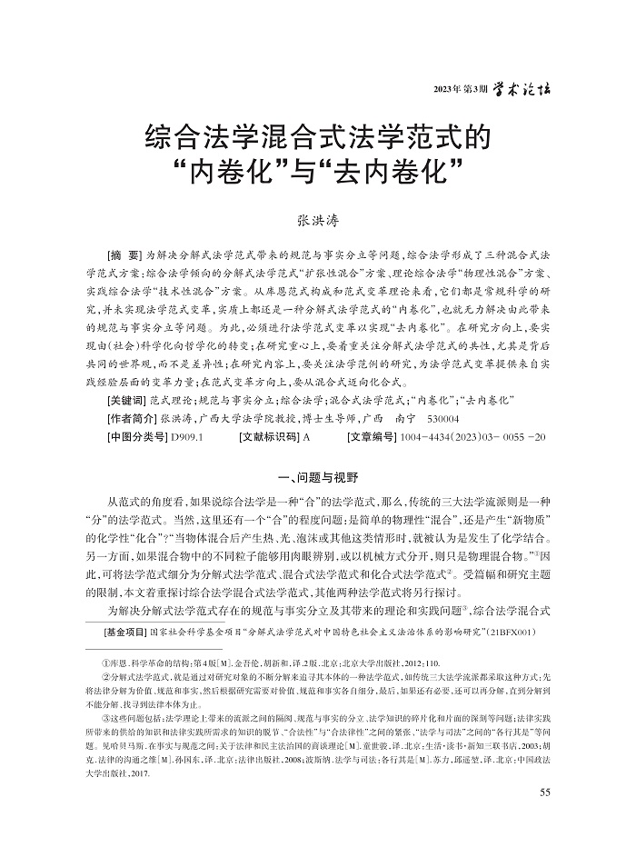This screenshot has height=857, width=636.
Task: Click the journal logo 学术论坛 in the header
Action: click(x=521, y=87)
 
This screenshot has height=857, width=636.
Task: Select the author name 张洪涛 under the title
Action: click(x=317, y=219)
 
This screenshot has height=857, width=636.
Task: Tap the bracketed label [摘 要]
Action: click(x=124, y=251)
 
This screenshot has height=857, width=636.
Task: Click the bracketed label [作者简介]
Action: click(x=130, y=419)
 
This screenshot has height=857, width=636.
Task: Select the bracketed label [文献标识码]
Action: click(x=270, y=437)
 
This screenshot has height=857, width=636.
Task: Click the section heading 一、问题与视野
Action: click(x=317, y=476)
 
